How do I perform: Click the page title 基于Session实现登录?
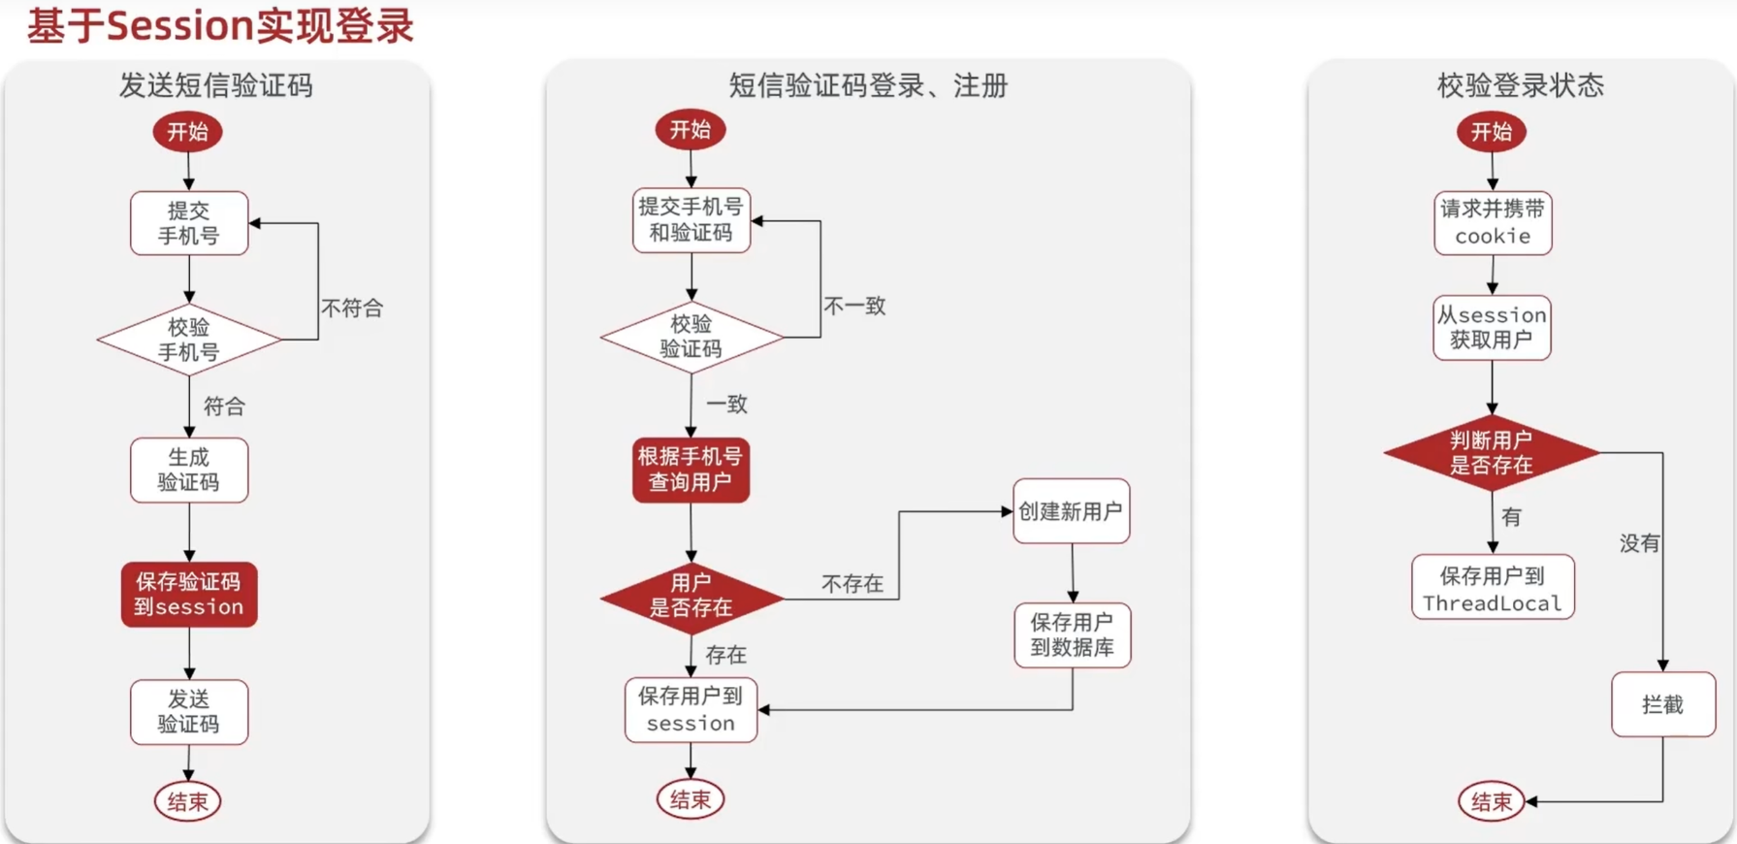pos(220,26)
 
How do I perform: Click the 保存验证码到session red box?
pos(189,594)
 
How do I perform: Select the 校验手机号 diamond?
pos(189,340)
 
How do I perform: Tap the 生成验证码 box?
pos(189,471)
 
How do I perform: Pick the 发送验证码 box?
pos(189,712)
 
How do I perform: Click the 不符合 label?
pos(352,308)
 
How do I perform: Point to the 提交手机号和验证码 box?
pos(691,220)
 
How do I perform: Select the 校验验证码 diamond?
pos(691,337)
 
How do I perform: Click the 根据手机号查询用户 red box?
pos(691,470)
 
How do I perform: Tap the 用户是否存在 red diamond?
pos(691,596)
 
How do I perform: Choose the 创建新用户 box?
pos(1071,511)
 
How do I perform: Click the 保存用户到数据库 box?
pos(1072,635)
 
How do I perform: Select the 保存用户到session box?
pos(691,710)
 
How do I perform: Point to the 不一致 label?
pos(854,307)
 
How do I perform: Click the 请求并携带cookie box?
pos(1493,223)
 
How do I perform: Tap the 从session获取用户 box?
pos(1492,328)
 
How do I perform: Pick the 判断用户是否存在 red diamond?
pos(1492,453)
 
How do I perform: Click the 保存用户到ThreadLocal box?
pos(1493,588)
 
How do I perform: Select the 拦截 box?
pos(1662,705)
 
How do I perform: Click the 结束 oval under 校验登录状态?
pos(1491,802)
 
